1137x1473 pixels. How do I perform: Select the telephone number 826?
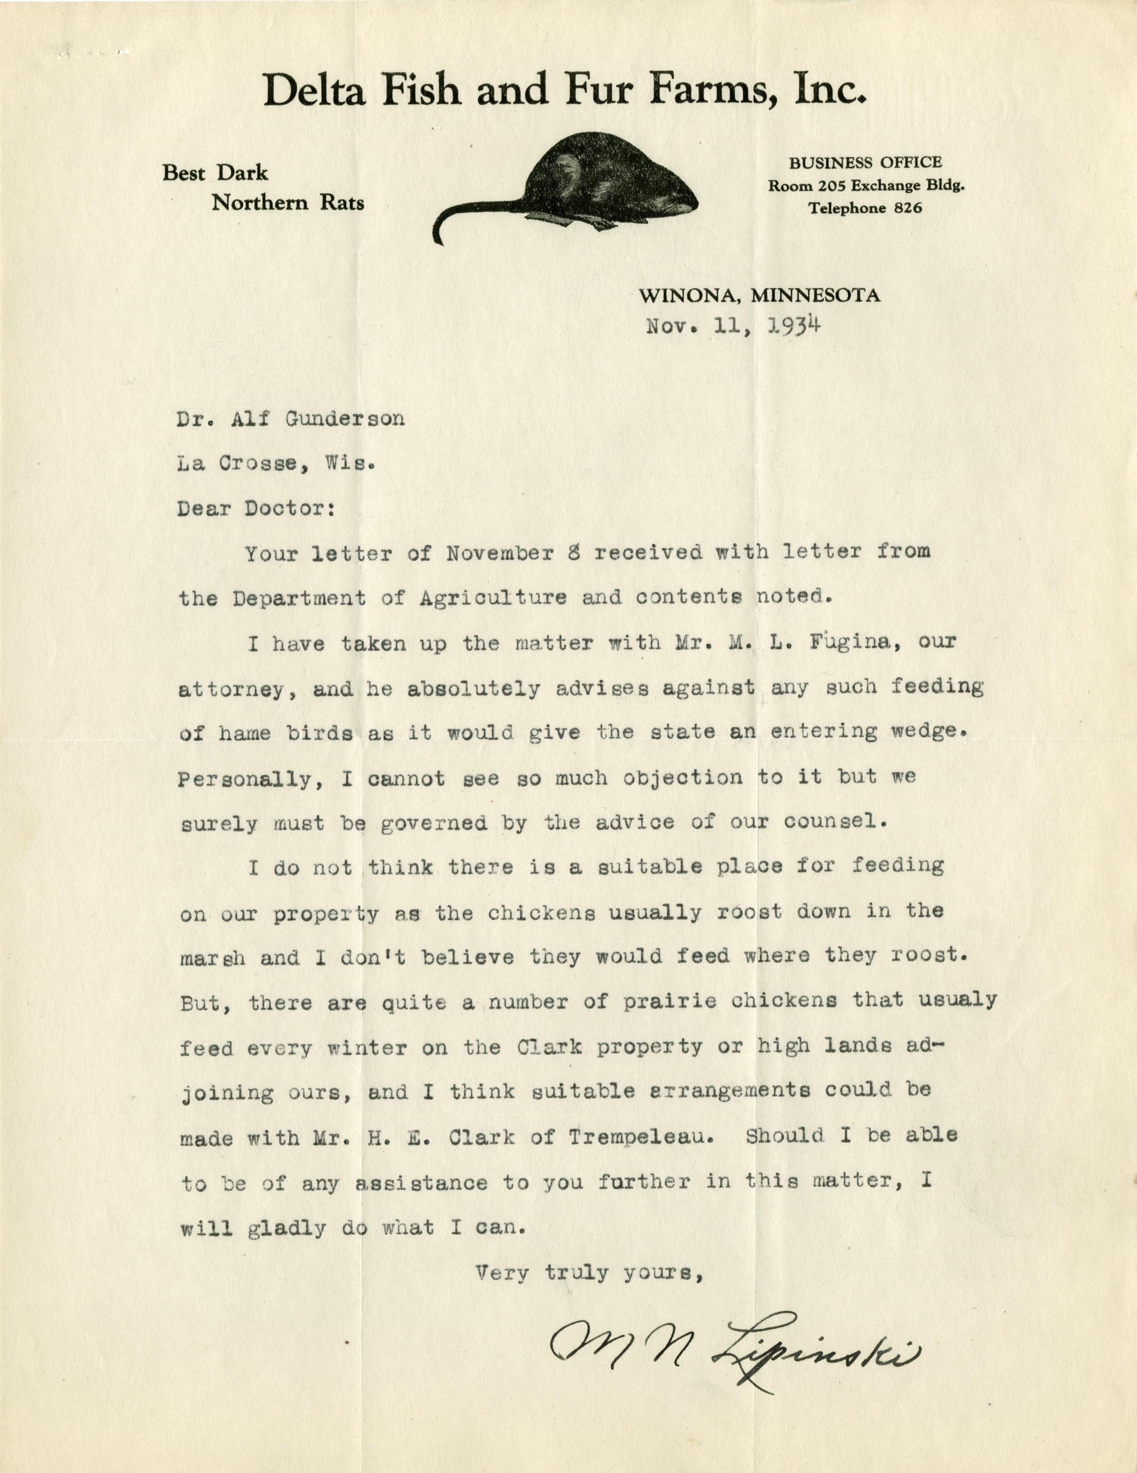coord(908,208)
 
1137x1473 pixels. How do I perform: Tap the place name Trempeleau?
coord(640,1137)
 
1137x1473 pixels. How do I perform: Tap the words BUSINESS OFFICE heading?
coord(865,163)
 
